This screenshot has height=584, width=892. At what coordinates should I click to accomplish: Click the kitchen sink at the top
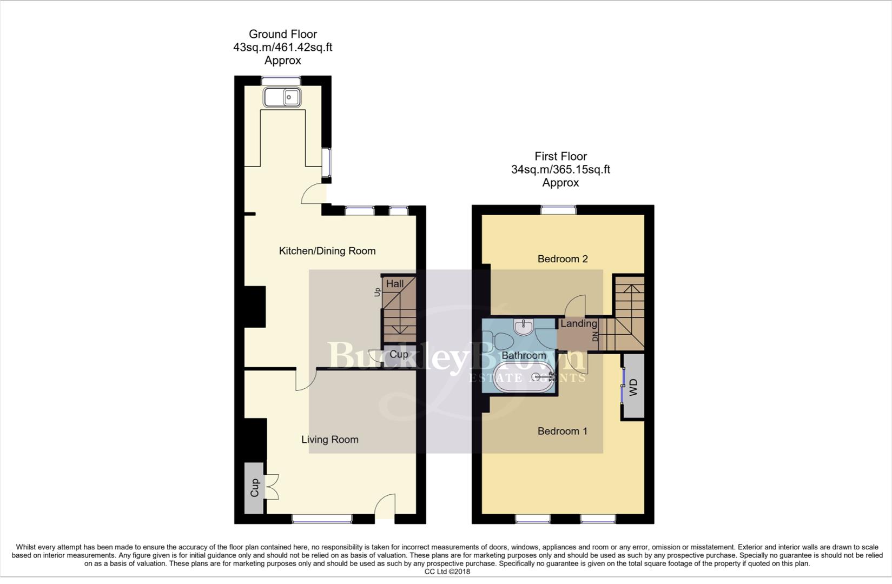[x=282, y=97]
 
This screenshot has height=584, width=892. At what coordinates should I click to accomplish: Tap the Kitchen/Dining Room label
[x=327, y=251]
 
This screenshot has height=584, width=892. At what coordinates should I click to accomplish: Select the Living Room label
[x=329, y=440]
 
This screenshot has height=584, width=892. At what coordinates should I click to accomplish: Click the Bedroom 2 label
[x=563, y=259]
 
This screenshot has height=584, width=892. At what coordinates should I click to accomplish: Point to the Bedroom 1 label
[x=563, y=431]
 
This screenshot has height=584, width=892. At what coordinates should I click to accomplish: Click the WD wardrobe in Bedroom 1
[x=633, y=387]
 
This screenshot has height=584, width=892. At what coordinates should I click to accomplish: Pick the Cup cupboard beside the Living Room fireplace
[x=254, y=488]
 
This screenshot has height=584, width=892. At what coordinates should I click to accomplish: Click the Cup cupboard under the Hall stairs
[x=399, y=355]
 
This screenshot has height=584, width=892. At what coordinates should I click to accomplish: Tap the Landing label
[x=578, y=324]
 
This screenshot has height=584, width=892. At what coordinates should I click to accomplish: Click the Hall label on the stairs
[x=395, y=284]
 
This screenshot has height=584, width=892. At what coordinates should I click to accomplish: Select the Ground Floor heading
[x=282, y=34]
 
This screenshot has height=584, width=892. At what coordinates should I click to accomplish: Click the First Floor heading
[x=560, y=156]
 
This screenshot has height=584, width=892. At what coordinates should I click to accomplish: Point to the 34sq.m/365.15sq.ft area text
[x=560, y=169]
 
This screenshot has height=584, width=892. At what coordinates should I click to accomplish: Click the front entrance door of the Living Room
[x=385, y=508]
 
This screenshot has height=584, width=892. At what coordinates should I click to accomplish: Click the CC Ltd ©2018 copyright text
[x=447, y=572]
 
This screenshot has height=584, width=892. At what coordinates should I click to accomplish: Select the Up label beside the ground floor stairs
[x=377, y=292]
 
